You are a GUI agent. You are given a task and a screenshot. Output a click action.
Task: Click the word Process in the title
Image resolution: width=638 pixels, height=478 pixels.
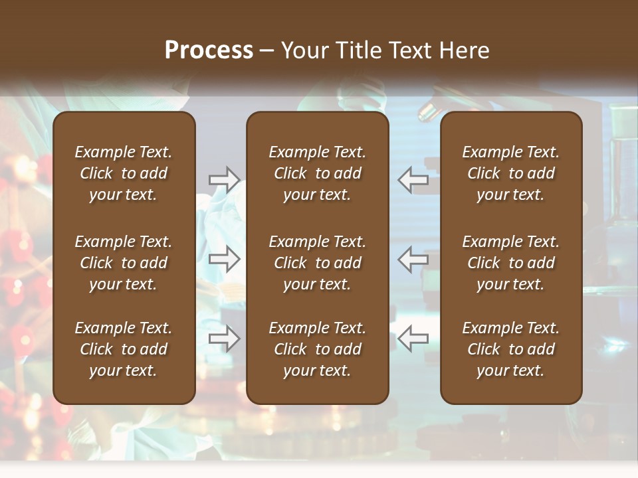209,50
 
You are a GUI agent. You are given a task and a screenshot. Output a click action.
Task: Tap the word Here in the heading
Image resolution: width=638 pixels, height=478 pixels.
464,50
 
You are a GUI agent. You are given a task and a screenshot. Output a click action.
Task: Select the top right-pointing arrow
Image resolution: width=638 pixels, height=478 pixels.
225,179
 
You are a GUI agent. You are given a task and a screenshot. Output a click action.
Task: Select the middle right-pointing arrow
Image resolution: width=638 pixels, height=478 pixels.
225,259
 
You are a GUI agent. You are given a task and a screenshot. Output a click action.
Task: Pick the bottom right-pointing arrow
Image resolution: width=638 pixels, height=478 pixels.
225,339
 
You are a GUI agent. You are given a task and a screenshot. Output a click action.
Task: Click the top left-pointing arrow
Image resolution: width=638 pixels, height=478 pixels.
413,179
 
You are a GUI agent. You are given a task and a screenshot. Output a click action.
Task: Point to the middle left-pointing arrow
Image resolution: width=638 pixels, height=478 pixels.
413,259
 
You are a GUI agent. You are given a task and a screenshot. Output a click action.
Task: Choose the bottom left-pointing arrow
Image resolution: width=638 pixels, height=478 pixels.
413,339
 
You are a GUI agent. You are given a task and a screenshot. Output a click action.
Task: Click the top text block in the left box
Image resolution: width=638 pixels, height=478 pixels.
124,173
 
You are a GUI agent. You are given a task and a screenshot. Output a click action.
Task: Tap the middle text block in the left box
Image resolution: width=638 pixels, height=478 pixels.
124,263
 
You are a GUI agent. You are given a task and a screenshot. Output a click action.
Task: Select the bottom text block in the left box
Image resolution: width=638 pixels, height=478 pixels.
124,349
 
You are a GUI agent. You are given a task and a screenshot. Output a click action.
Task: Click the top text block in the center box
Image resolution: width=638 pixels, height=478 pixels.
317,173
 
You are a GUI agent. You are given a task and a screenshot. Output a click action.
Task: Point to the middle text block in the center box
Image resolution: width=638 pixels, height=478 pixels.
317,263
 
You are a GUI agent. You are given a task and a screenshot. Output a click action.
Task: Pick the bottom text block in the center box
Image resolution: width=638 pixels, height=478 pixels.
317,349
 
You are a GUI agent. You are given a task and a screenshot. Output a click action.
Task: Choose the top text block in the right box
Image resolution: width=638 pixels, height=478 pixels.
510,173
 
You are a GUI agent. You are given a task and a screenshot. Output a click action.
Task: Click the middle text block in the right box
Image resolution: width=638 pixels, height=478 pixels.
510,263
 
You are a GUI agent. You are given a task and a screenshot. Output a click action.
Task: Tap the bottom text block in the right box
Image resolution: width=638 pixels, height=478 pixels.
510,349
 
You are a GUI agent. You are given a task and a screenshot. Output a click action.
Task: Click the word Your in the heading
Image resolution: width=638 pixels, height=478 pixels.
304,50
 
